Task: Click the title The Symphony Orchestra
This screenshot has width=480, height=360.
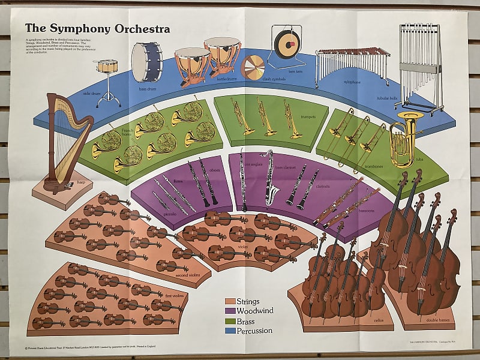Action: (97, 29)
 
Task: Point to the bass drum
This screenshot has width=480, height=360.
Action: (147, 62)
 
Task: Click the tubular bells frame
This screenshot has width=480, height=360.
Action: (420, 66)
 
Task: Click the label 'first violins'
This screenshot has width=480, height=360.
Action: (175, 296)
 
